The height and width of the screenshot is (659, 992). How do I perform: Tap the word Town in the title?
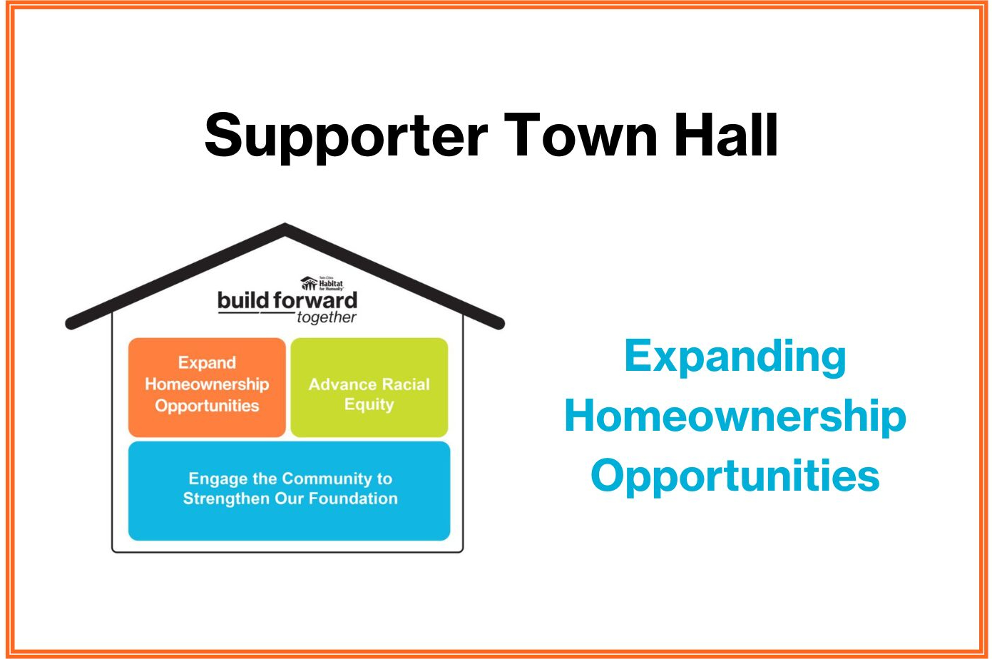point(581,136)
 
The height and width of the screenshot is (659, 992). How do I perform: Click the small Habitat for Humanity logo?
point(322,283)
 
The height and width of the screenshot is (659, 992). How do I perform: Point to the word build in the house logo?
point(243,300)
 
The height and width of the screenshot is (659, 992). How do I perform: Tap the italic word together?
point(327,317)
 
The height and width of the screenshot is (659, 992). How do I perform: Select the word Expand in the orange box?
point(207,362)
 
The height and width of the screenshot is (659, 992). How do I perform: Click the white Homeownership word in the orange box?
point(207,384)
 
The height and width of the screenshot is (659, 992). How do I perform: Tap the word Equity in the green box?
point(369,404)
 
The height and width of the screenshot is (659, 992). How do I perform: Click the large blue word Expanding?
point(735,357)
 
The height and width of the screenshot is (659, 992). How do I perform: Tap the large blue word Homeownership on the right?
point(735,416)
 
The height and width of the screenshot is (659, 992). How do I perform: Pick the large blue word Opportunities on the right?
point(735,476)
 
